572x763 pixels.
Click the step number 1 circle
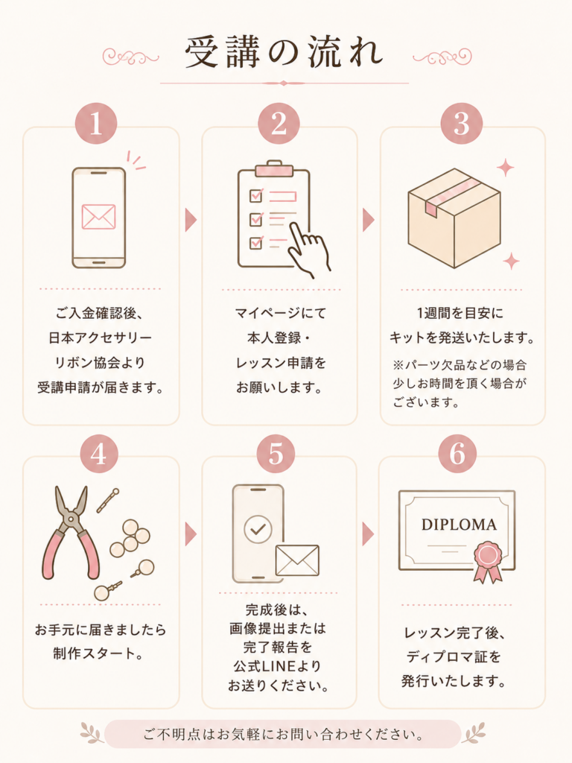click(96, 123)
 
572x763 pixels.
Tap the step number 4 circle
click(99, 454)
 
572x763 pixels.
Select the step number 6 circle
click(457, 454)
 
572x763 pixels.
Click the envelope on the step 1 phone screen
click(99, 216)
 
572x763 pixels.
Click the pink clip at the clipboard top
click(274, 169)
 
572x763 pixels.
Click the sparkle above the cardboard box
click(506, 168)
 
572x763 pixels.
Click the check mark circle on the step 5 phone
click(258, 529)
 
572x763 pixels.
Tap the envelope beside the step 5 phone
click(297, 560)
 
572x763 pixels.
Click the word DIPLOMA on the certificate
click(459, 525)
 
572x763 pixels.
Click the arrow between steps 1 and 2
click(191, 220)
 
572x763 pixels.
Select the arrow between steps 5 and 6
click(368, 534)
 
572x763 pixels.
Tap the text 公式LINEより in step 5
click(277, 666)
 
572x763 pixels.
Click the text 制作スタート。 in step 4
click(99, 653)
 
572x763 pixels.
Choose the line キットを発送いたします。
click(462, 338)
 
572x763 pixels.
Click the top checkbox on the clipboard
click(256, 196)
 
